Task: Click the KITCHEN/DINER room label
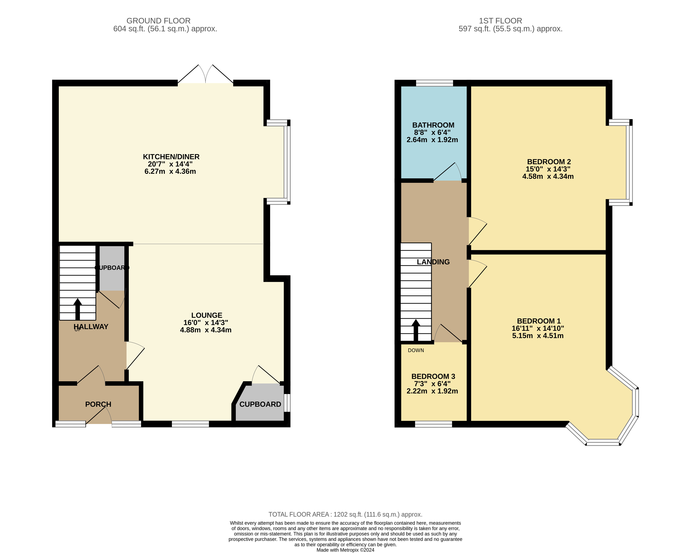[171, 157]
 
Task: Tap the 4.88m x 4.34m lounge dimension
[206, 330]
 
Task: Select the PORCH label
[98, 404]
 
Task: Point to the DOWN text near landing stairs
[416, 350]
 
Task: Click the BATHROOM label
[433, 125]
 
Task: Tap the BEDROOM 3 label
[433, 376]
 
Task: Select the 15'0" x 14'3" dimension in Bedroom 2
[548, 169]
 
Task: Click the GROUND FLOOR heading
[158, 21]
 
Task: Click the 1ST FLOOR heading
[500, 21]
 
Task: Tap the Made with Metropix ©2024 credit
[345, 550]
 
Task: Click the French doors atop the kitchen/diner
[206, 75]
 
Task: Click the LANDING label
[433, 262]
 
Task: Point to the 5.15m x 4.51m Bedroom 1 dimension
[538, 336]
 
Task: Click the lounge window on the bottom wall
[190, 424]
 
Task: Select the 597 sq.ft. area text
[510, 29]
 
